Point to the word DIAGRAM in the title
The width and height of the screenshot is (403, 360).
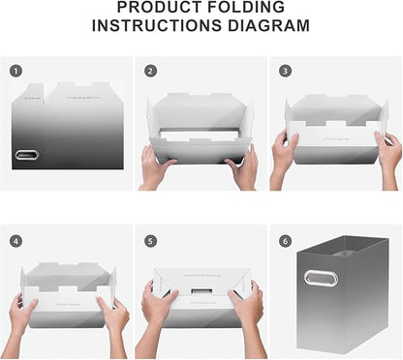point(269,25)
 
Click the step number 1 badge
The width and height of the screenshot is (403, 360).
point(15,71)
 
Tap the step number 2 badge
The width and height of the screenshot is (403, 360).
point(150,71)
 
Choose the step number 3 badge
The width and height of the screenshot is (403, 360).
point(285,71)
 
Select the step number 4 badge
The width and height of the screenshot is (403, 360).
point(15,241)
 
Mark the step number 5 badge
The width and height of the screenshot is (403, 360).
point(150,241)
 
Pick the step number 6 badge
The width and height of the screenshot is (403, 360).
point(285,241)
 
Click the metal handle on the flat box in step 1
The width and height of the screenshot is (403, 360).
point(27,155)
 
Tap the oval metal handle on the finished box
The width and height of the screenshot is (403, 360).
point(321,278)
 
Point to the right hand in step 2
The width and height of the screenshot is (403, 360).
point(243,167)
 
